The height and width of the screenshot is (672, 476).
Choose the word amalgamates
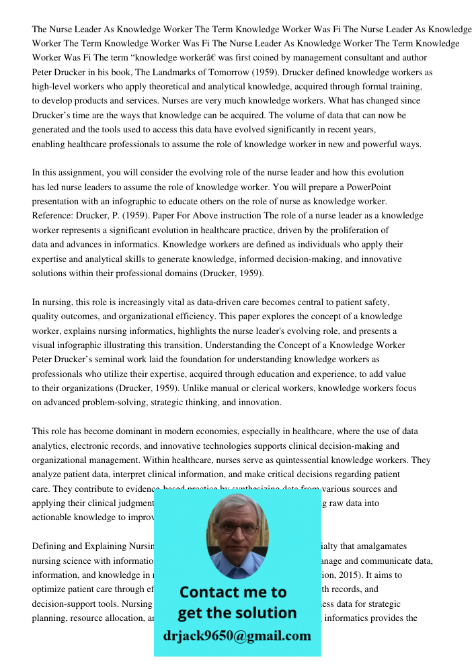[x=379, y=546]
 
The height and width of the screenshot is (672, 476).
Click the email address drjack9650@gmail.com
[x=237, y=636]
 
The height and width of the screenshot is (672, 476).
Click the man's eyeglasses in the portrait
[x=237, y=529]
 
